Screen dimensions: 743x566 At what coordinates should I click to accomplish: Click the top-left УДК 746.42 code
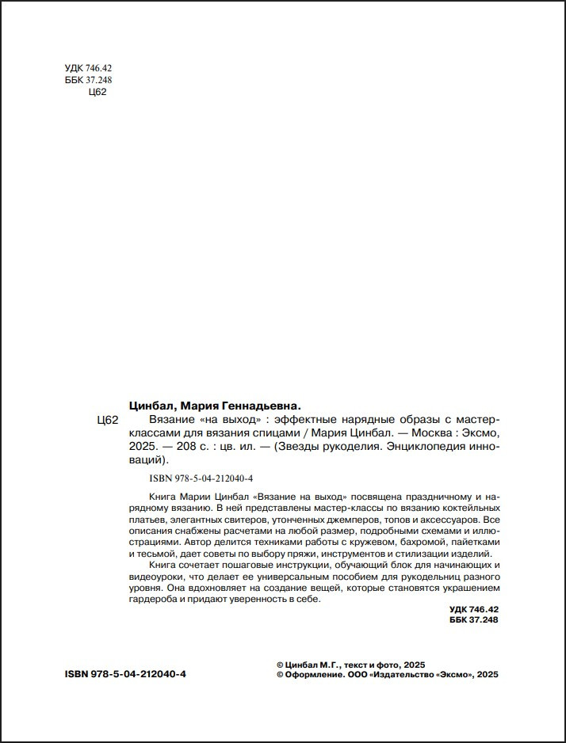[87, 69]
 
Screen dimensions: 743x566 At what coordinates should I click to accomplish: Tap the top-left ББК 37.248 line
[88, 81]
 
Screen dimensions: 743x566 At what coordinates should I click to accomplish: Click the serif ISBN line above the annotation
[201, 478]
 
